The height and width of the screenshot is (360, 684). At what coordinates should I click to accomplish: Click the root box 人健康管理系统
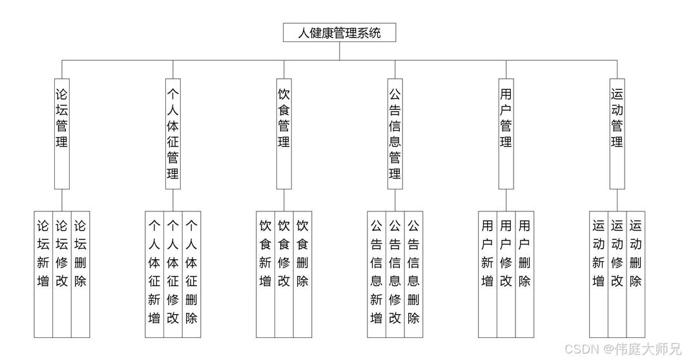click(x=339, y=32)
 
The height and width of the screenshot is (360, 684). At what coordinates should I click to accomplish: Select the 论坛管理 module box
click(x=62, y=133)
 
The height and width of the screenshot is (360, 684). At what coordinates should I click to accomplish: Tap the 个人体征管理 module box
click(x=173, y=133)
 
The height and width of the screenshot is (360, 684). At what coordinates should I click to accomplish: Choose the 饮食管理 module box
click(x=284, y=133)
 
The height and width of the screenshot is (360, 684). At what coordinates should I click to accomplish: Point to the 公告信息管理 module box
click(x=395, y=133)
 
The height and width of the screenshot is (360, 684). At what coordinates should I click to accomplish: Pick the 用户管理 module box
click(x=506, y=133)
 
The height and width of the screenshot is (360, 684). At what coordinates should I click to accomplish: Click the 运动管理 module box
click(x=617, y=133)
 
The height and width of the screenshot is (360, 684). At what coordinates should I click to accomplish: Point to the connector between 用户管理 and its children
click(x=506, y=200)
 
